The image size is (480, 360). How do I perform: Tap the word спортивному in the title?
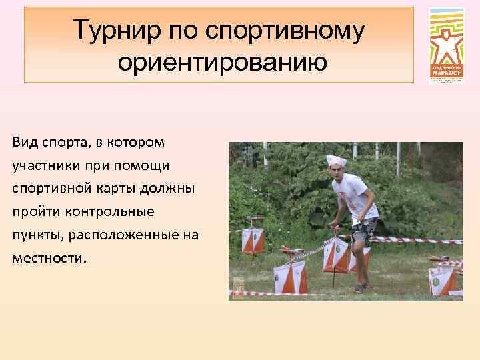click(287, 30)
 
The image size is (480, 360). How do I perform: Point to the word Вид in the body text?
click(25, 142)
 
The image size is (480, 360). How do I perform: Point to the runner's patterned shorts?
click(364, 231)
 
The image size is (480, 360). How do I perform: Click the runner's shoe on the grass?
click(361, 288)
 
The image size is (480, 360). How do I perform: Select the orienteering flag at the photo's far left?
click(253, 240)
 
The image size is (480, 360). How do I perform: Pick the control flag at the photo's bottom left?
click(290, 278)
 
